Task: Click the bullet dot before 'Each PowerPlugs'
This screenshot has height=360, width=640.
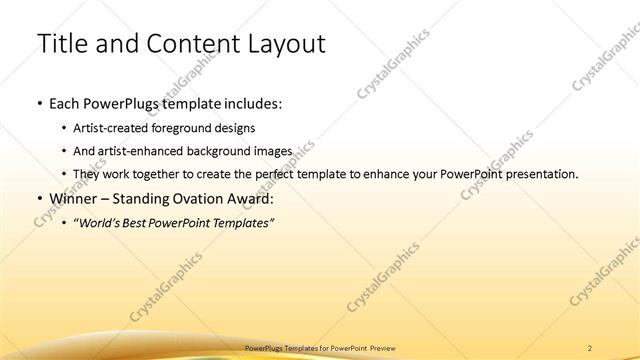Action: pyautogui.click(x=39, y=104)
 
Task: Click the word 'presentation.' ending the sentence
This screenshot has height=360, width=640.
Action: pyautogui.click(x=541, y=174)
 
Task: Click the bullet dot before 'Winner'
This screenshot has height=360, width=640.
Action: pyautogui.click(x=39, y=198)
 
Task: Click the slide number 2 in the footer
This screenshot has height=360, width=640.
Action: pyautogui.click(x=591, y=348)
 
